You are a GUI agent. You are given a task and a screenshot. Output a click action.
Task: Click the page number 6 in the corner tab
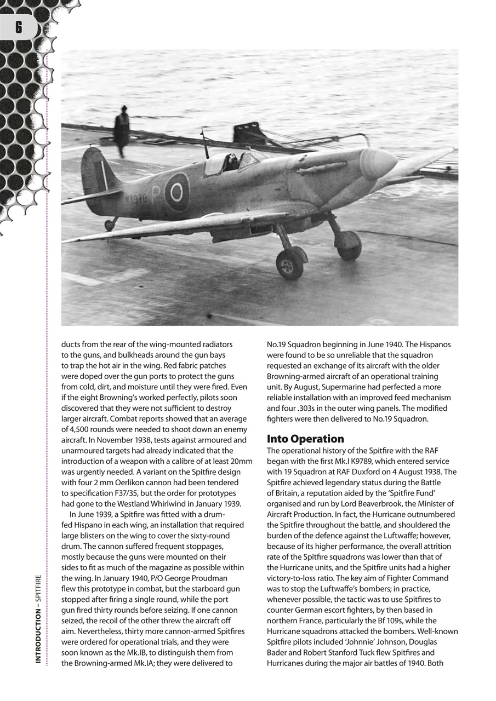[19, 27]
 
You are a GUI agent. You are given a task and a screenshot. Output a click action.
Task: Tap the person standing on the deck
[122, 130]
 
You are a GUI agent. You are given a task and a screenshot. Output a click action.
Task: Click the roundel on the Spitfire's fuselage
[176, 192]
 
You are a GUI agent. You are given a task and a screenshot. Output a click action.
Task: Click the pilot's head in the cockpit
[232, 160]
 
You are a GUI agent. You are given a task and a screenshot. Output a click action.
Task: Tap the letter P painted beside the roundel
[155, 194]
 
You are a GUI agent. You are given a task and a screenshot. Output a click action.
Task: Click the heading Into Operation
[305, 439]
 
